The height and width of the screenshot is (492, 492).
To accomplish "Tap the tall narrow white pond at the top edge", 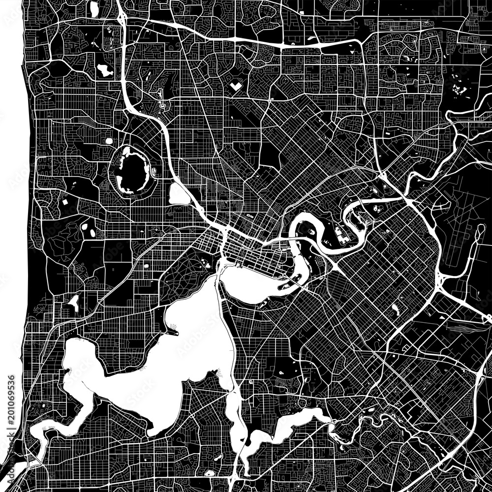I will point(94,9).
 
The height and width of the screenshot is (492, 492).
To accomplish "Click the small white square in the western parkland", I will point(64,202).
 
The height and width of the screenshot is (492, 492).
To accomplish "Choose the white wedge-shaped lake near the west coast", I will point(74,301).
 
